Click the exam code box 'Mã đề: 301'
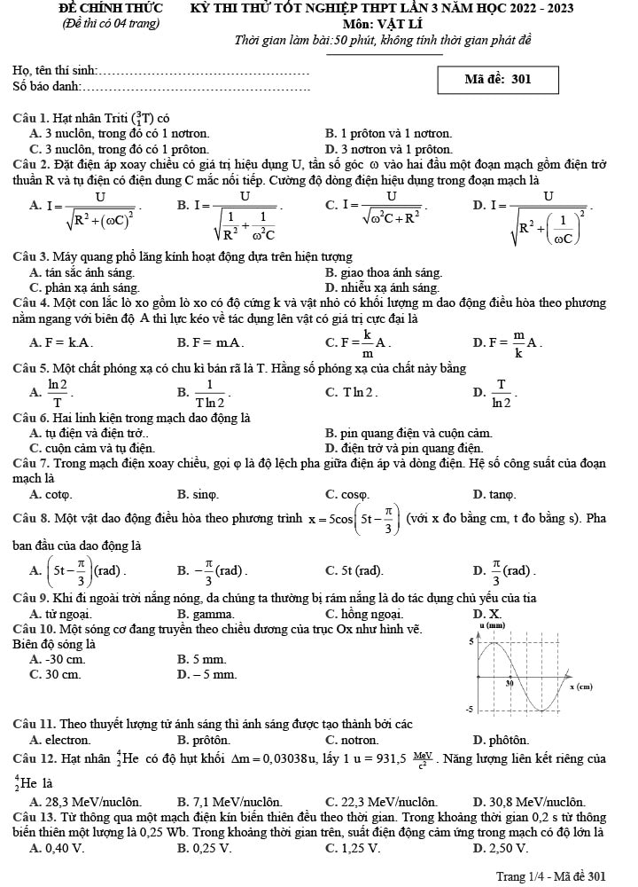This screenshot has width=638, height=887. point(498,79)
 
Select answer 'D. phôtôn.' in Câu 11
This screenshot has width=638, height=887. point(502,739)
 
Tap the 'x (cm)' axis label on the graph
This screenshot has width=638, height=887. point(580,687)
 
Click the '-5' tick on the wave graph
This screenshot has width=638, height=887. point(472,710)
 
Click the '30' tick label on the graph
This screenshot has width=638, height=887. point(510,684)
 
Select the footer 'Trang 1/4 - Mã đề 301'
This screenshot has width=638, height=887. point(550,875)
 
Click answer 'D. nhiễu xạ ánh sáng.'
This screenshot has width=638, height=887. point(382,287)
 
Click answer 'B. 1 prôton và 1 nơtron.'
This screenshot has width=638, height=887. point(389,133)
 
